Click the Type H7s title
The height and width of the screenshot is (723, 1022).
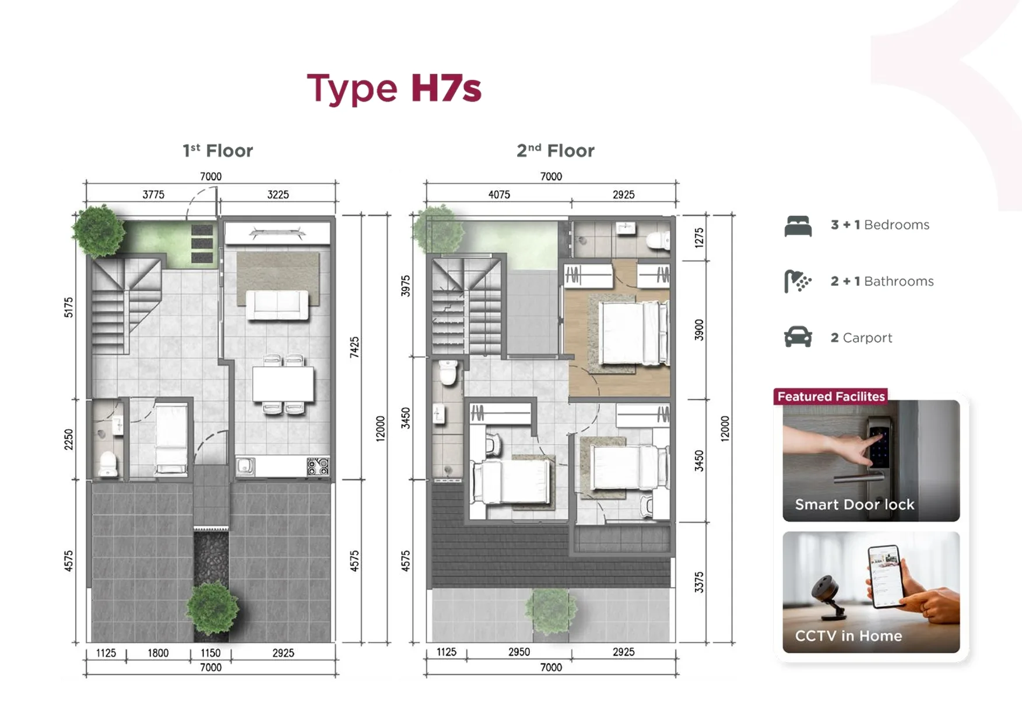pyautogui.click(x=394, y=89)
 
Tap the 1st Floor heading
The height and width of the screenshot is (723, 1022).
pyautogui.click(x=217, y=151)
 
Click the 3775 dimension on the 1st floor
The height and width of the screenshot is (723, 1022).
pyautogui.click(x=153, y=195)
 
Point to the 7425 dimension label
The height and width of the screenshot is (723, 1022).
pyautogui.click(x=354, y=347)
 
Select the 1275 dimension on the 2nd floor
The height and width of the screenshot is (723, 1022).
pyautogui.click(x=699, y=238)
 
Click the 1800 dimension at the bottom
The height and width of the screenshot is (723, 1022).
pyautogui.click(x=158, y=653)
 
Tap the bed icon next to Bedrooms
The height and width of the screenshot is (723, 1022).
pyautogui.click(x=798, y=226)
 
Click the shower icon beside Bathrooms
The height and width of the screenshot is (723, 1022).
pyautogui.click(x=798, y=282)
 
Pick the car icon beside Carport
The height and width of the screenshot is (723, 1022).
pyautogui.click(x=798, y=337)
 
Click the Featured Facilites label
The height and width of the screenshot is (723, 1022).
pyautogui.click(x=831, y=396)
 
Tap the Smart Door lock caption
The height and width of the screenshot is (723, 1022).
pyautogui.click(x=854, y=504)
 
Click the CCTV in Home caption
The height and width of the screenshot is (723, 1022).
pyautogui.click(x=848, y=636)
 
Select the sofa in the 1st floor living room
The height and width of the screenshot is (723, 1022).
pyautogui.click(x=278, y=305)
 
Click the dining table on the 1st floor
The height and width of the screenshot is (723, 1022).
pyautogui.click(x=283, y=384)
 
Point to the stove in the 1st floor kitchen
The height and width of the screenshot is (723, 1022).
pyautogui.click(x=318, y=466)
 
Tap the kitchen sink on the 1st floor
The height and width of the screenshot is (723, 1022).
pyautogui.click(x=245, y=466)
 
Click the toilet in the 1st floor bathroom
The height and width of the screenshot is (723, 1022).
pyautogui.click(x=108, y=464)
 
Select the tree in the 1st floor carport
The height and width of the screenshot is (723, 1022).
pyautogui.click(x=212, y=608)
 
